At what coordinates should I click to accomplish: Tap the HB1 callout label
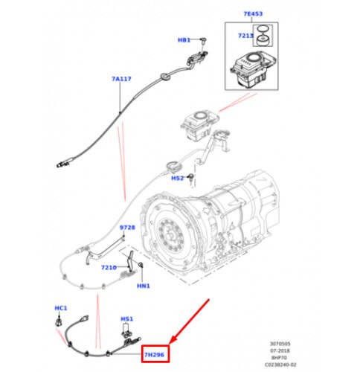click(183, 39)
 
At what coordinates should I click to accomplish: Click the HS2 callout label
click(177, 179)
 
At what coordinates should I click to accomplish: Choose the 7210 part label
click(109, 267)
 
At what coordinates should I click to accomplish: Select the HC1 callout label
click(61, 308)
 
